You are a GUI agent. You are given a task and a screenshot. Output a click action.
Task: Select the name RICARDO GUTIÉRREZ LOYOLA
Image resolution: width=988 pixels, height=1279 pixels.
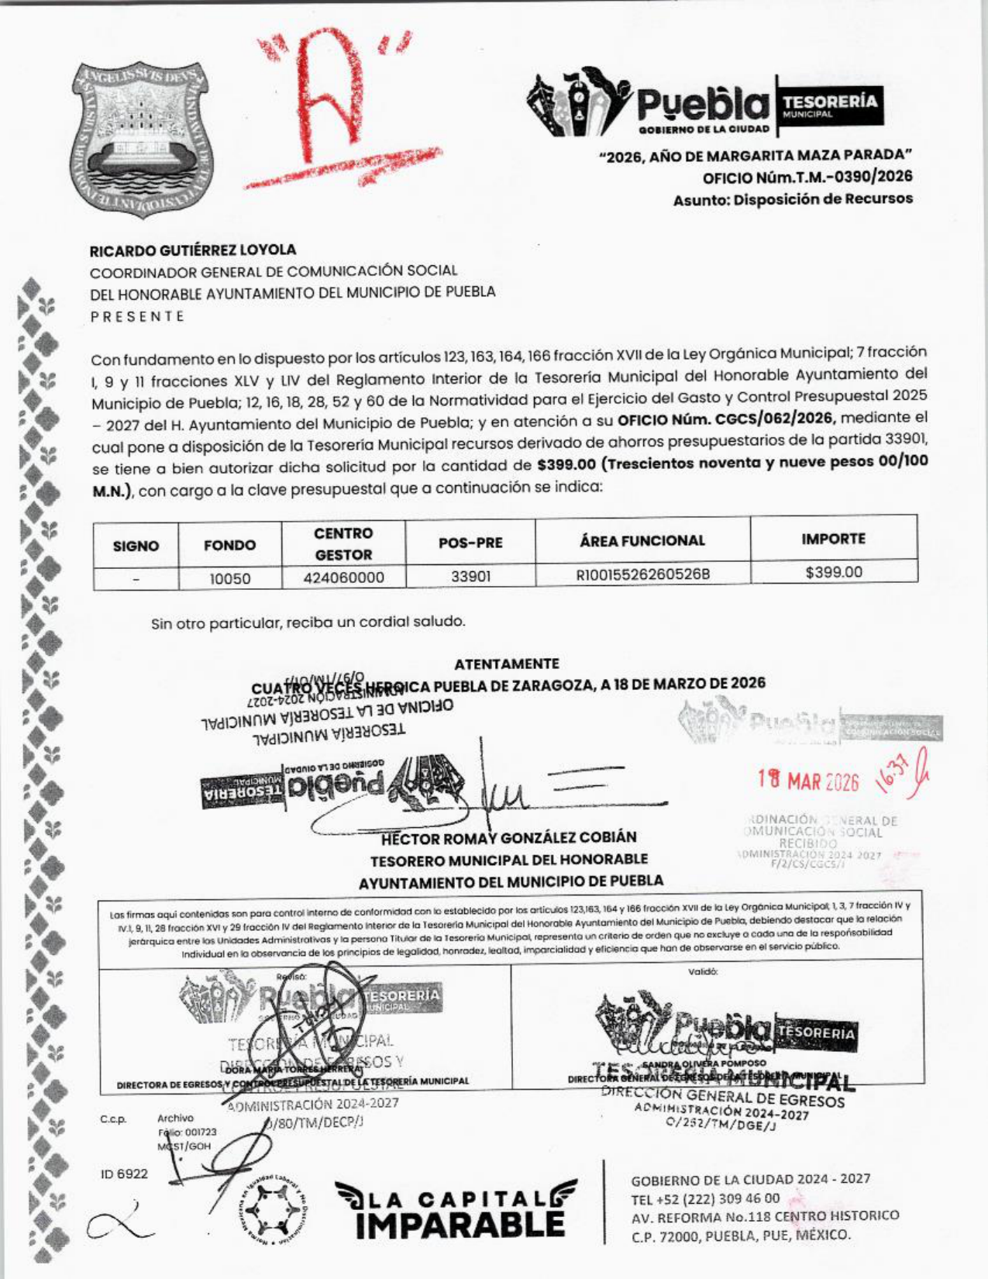(x=193, y=250)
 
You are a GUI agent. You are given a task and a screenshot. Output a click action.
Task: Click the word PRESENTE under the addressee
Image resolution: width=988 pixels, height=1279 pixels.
(x=137, y=316)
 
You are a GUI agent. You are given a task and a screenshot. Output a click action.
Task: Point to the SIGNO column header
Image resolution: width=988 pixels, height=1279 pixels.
(x=136, y=546)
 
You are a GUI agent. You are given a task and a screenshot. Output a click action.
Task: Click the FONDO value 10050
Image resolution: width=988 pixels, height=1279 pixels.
(x=230, y=578)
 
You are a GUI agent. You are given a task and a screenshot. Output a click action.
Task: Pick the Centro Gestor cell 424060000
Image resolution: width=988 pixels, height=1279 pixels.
(x=343, y=577)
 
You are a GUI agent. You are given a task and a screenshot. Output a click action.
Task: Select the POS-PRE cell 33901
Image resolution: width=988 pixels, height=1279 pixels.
(x=470, y=577)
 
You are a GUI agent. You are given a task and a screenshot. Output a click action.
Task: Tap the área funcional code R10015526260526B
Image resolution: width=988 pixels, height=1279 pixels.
(x=642, y=575)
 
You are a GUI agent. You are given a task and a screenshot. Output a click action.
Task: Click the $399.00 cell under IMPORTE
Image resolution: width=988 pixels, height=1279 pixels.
(x=834, y=573)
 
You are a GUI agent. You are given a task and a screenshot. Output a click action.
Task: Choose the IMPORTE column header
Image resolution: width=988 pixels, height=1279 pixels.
(x=834, y=539)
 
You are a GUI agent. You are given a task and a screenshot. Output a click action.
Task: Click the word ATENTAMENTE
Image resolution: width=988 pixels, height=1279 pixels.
(x=506, y=664)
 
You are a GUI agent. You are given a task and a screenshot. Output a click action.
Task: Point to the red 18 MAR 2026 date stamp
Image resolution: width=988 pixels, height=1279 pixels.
(x=808, y=781)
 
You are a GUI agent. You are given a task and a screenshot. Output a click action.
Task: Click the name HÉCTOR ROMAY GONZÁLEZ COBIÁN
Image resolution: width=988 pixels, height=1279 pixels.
(x=509, y=838)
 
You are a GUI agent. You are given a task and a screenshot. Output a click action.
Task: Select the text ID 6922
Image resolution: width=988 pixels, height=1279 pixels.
(x=124, y=1174)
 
